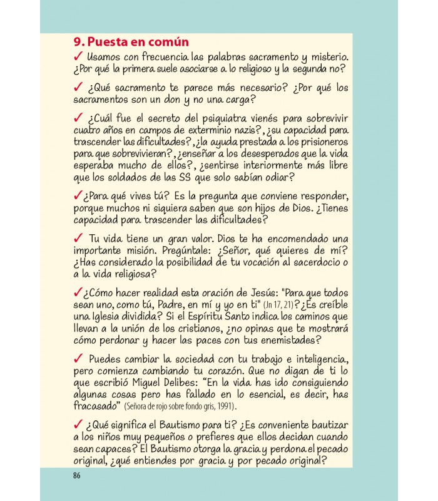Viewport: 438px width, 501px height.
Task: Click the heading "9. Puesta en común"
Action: [131, 43]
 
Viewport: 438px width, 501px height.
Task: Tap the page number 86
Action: [77, 474]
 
